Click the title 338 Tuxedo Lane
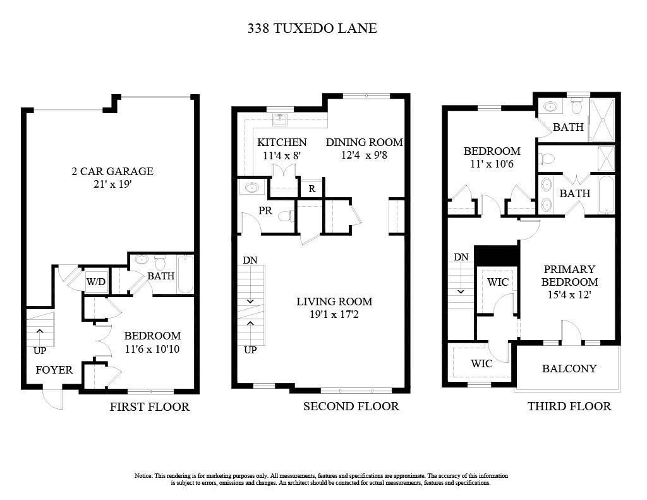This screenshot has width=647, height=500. pyautogui.click(x=312, y=28)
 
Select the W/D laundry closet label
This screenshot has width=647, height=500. pyautogui.click(x=96, y=281)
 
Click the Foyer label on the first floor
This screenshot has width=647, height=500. pyautogui.click(x=54, y=370)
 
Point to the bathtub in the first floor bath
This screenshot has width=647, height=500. pyautogui.click(x=184, y=274)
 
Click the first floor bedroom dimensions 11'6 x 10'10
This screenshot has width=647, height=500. pyautogui.click(x=152, y=348)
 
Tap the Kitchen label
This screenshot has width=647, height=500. pyautogui.click(x=282, y=142)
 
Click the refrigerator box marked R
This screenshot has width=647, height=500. pyautogui.click(x=311, y=188)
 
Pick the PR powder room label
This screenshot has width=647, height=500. pyautogui.click(x=265, y=210)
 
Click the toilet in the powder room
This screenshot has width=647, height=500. pyautogui.click(x=286, y=216)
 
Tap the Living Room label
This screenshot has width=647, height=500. pyautogui.click(x=334, y=302)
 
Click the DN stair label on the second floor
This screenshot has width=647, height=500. pyautogui.click(x=250, y=260)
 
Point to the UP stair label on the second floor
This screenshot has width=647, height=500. pyautogui.click(x=250, y=350)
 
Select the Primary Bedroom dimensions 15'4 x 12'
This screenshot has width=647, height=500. pyautogui.click(x=569, y=294)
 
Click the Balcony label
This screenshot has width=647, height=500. pyautogui.click(x=569, y=369)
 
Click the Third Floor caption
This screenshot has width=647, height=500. pyautogui.click(x=569, y=406)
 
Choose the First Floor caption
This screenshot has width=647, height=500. pyautogui.click(x=150, y=407)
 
